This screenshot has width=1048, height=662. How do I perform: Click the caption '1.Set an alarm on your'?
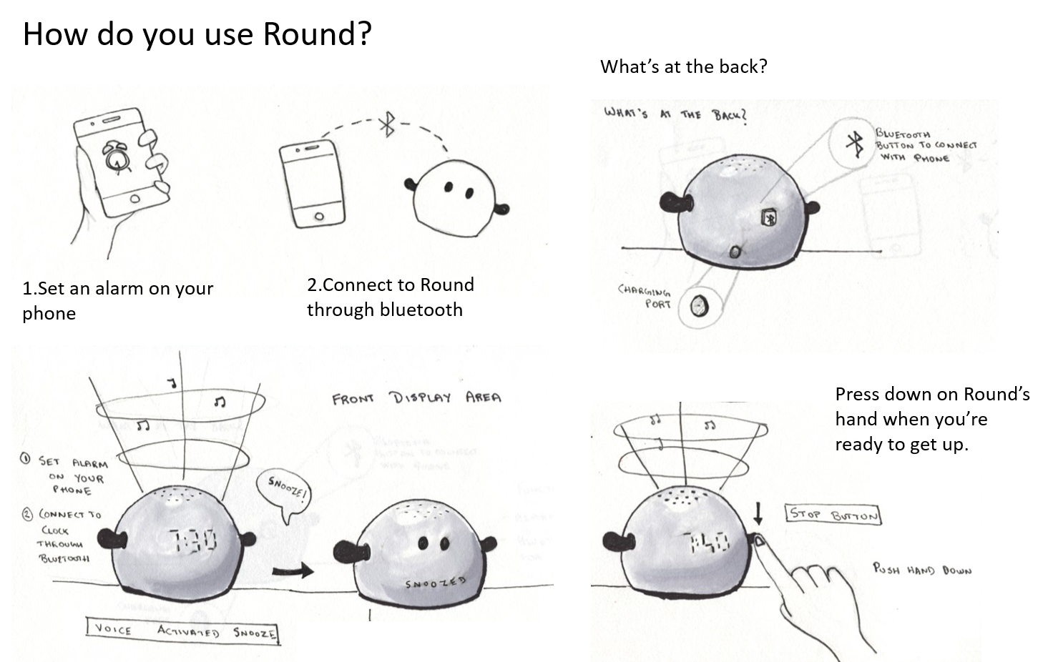[118, 288]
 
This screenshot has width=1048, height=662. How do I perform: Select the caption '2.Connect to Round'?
[391, 285]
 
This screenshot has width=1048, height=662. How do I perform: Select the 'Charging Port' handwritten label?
[645, 297]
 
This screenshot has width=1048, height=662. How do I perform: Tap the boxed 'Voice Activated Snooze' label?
[182, 631]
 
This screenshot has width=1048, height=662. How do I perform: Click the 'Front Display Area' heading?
[416, 397]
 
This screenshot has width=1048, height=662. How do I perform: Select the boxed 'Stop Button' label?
[833, 515]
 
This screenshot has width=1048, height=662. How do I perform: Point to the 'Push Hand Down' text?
[922, 570]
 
